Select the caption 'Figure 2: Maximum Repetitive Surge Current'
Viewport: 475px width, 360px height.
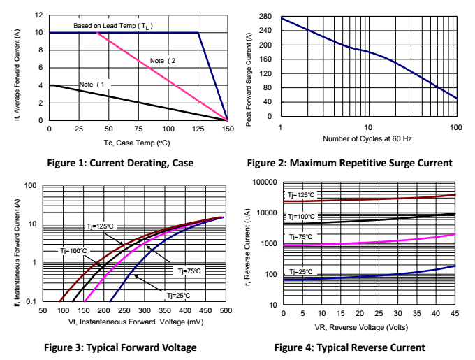click(x=349, y=164)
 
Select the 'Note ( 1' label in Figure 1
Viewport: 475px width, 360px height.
click(x=92, y=85)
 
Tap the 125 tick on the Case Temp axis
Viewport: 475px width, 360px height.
click(x=198, y=129)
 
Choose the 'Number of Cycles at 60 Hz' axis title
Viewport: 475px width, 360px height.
click(x=367, y=138)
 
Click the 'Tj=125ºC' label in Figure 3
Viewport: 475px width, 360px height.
click(x=100, y=226)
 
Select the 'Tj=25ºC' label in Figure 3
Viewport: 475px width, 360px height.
click(x=178, y=296)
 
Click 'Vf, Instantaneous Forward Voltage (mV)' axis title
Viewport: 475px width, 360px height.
click(x=136, y=322)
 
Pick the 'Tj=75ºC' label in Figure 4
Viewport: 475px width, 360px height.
click(x=301, y=238)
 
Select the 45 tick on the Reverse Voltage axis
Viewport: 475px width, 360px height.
click(x=454, y=314)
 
